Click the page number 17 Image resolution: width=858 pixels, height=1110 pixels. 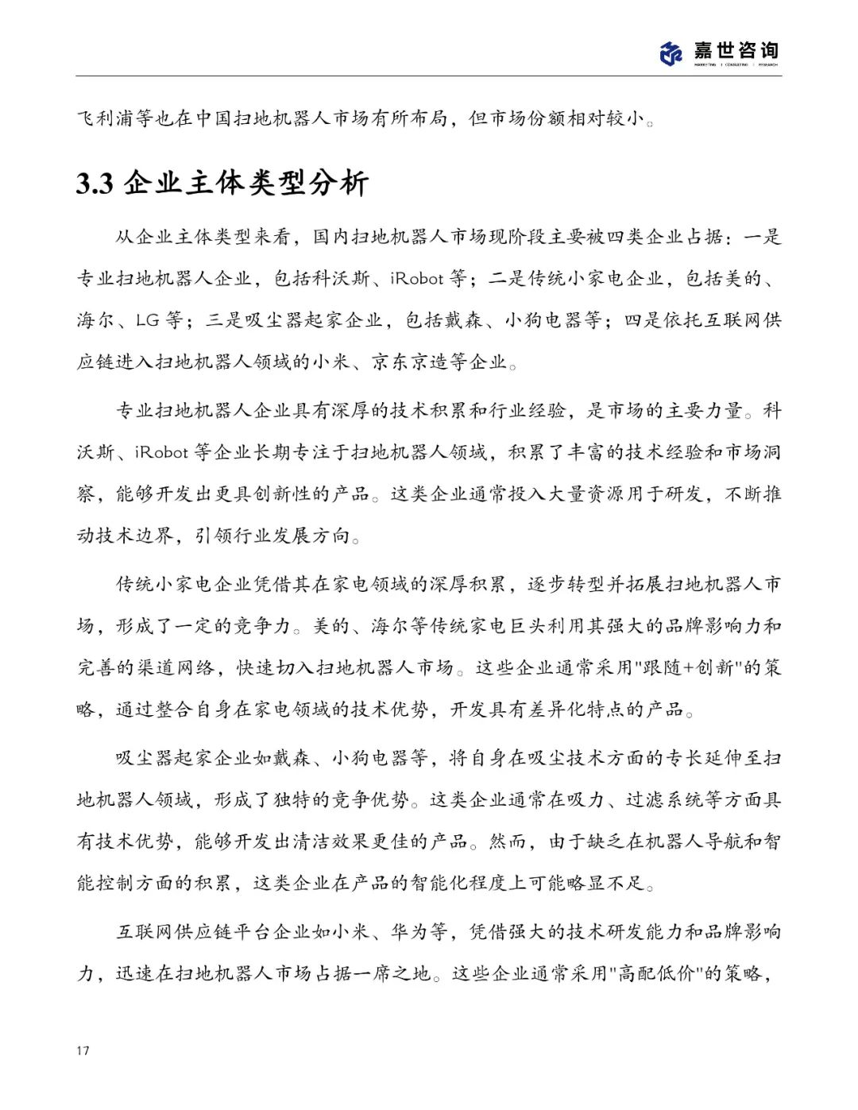83,1050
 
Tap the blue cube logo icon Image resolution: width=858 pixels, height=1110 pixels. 671,53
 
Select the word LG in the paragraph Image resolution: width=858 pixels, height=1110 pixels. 148,321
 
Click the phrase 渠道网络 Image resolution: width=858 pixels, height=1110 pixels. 176,667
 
